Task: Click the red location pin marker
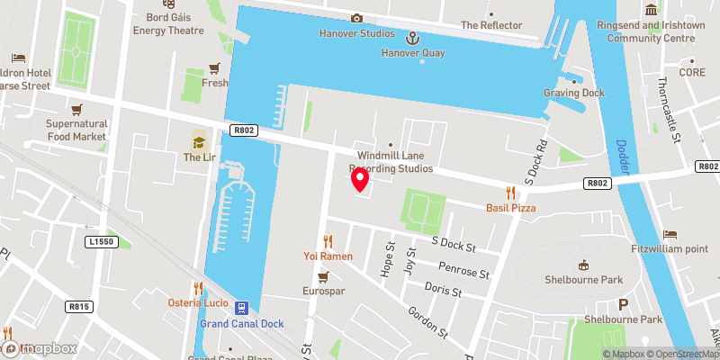360,180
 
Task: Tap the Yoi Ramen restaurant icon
328,241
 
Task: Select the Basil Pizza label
510,208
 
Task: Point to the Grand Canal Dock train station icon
242,308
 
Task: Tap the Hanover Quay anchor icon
413,38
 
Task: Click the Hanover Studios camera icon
356,18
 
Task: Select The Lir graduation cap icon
199,141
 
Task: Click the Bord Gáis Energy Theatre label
168,23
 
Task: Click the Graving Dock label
573,93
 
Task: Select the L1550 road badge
103,242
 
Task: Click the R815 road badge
79,307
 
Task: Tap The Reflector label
490,25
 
